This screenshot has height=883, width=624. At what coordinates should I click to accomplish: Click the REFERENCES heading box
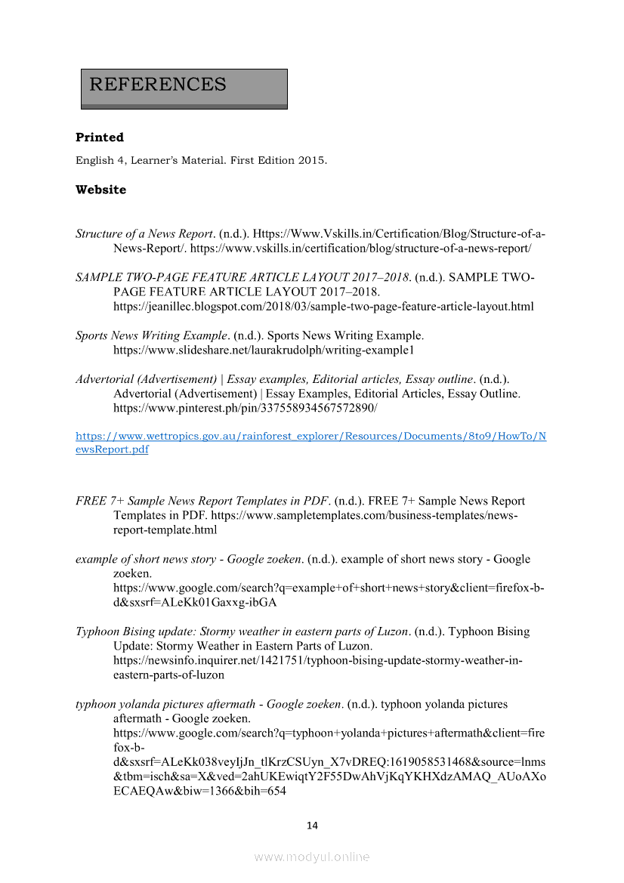184,88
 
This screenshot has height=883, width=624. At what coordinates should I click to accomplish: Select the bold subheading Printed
100,137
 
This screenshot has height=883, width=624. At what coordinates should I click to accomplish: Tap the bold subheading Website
100,190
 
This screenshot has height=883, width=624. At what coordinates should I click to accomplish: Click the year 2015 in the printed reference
311,161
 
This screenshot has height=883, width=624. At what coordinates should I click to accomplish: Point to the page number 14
312,826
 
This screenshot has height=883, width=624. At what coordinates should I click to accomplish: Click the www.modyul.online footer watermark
312,857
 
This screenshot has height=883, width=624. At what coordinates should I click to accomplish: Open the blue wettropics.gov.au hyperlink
311,437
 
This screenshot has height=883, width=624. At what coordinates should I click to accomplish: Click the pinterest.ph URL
245,408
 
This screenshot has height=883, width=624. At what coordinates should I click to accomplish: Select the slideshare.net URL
264,350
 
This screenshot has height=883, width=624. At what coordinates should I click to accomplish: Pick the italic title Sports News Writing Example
151,335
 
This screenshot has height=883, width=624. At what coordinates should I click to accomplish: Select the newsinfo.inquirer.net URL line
317,660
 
